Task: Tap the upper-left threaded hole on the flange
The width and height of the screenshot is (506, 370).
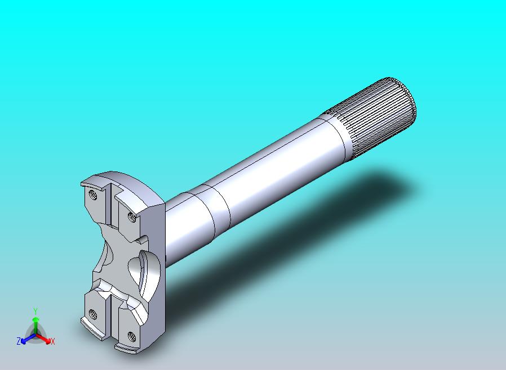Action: pos(92,195)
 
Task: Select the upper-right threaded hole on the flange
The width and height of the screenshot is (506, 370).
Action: pos(132,217)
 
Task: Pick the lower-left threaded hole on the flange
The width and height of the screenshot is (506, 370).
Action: pos(92,314)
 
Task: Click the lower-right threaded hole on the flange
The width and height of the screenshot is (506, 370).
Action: pos(131,336)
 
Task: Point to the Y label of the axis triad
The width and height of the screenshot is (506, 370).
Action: pos(35,311)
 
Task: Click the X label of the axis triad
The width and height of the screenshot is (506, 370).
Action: pos(53,341)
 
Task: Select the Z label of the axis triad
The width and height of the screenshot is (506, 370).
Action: pos(19,341)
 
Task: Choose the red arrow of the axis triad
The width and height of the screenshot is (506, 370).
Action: pos(43,338)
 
